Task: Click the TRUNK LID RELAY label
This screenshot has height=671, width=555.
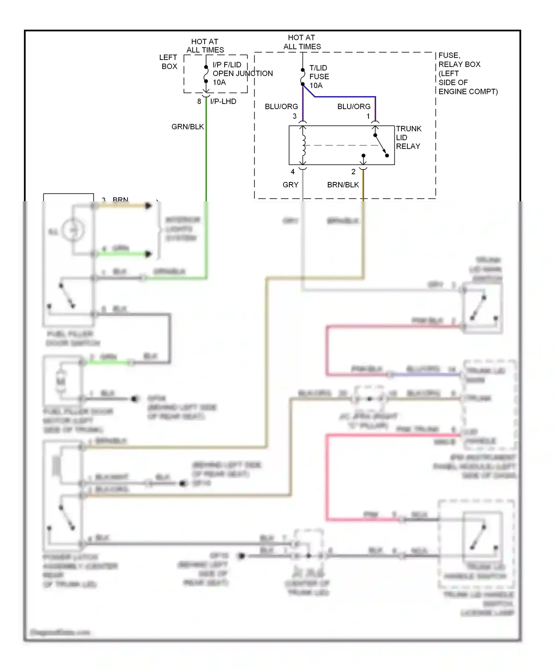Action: [408, 138]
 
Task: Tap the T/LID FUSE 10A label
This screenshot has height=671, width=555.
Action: [319, 77]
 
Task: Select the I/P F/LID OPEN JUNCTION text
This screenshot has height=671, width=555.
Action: [242, 73]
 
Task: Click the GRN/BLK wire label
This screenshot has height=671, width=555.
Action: [188, 127]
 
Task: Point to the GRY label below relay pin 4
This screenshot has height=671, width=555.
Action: [290, 185]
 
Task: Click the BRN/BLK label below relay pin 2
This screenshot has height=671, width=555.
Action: [343, 185]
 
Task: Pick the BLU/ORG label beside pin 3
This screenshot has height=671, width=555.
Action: [281, 107]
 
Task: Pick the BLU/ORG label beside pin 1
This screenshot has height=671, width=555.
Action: [354, 107]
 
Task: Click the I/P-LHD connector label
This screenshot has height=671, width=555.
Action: [223, 101]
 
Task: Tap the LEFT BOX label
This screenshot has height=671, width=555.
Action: [169, 62]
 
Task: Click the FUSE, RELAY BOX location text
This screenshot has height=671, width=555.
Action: [468, 73]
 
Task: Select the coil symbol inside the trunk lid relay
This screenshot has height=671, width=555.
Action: [304, 145]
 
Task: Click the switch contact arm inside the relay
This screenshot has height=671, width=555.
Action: [381, 145]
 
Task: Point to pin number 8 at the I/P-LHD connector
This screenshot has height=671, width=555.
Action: [199, 101]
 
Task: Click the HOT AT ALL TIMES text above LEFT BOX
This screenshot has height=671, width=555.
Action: [205, 46]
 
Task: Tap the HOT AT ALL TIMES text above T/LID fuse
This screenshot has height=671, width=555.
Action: [302, 42]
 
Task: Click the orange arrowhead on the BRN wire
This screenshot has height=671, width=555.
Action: [148, 206]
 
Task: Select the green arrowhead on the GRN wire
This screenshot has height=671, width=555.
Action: [148, 254]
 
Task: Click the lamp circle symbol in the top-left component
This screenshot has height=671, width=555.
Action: [73, 230]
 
